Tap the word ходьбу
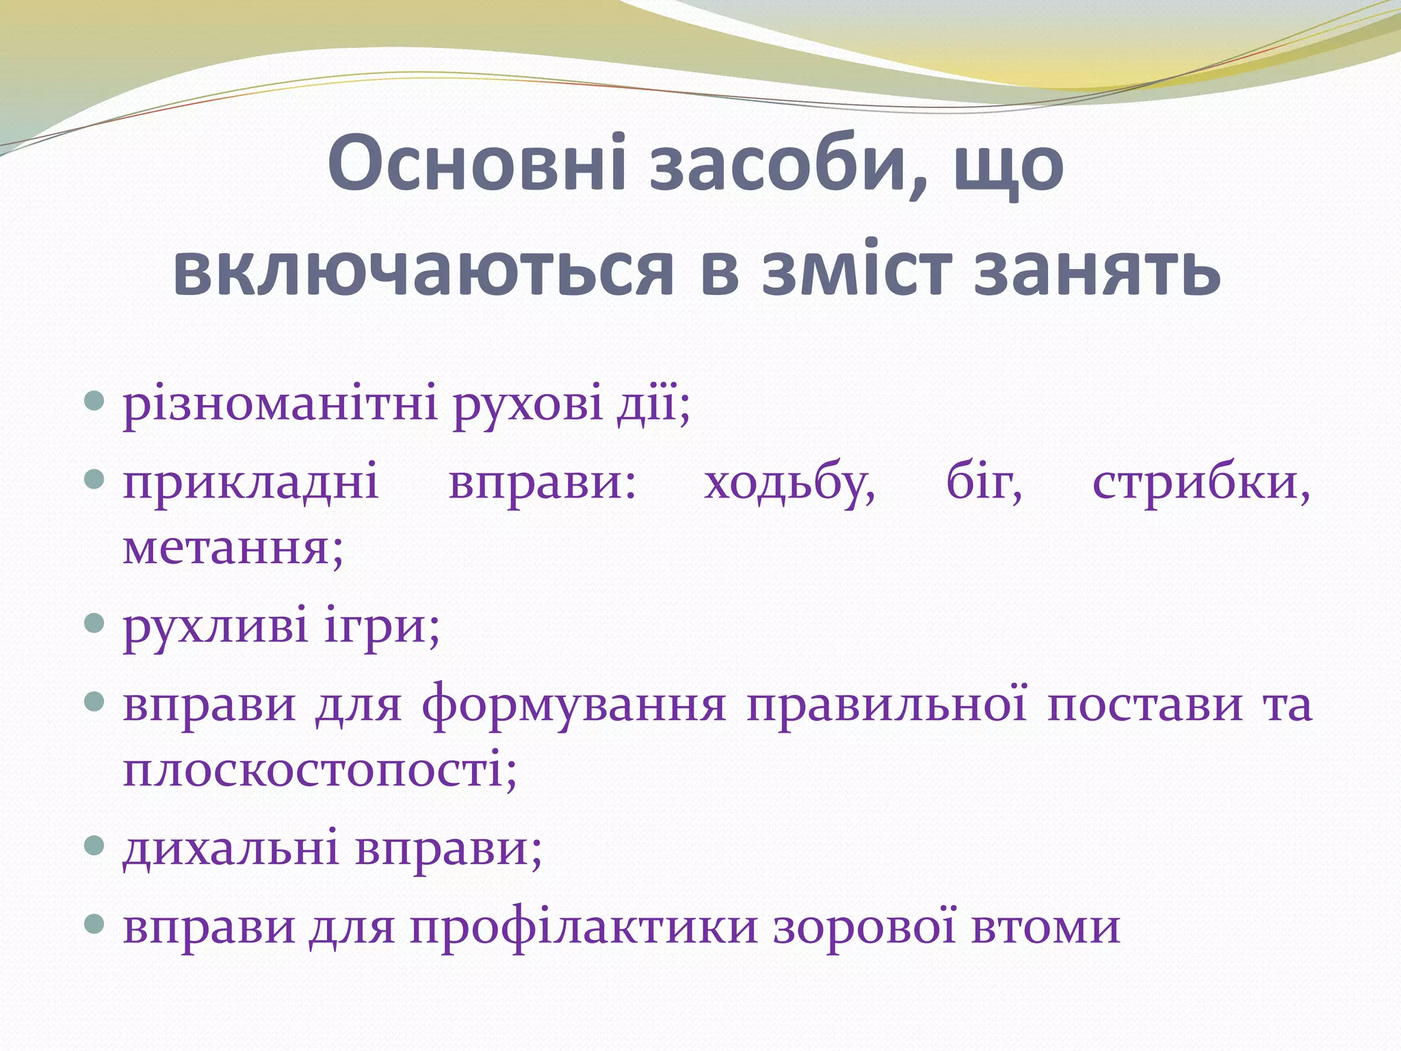coord(789,484)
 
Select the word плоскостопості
coord(319,770)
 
